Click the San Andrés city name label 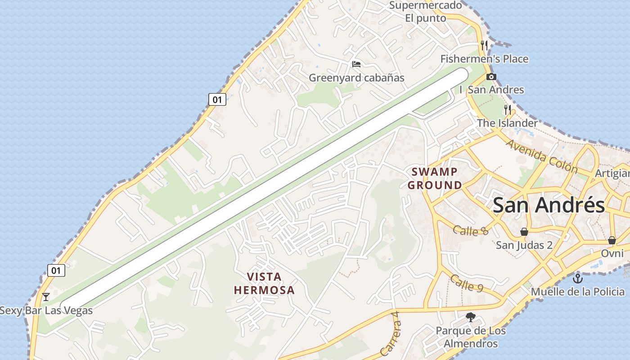[549, 205]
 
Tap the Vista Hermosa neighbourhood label [264, 283]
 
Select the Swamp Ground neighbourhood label [435, 178]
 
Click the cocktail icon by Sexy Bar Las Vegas [45, 297]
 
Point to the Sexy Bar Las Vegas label [46, 310]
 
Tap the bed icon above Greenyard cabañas [356, 64]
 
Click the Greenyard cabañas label [356, 78]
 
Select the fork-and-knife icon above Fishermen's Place [484, 45]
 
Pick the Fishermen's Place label [484, 59]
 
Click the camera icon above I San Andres [491, 76]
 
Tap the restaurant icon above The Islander [508, 109]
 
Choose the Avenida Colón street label [542, 157]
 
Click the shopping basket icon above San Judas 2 [524, 232]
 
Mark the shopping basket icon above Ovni [612, 240]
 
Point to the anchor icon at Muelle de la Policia [578, 278]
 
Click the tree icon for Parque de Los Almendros [471, 317]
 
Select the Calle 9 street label [468, 283]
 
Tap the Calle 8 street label [471, 231]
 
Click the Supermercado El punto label [425, 12]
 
